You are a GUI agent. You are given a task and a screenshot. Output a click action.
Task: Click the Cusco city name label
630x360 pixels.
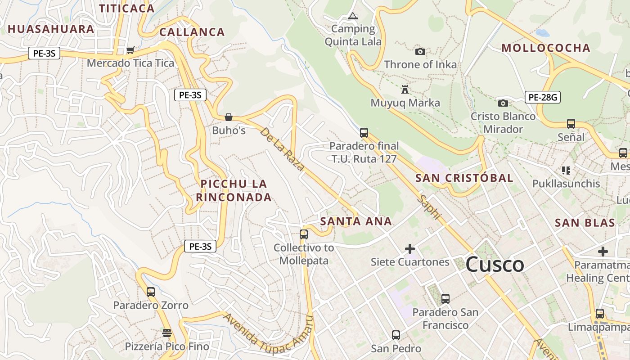click(495, 264)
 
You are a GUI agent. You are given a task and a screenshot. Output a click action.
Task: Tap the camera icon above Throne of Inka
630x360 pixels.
click(420, 52)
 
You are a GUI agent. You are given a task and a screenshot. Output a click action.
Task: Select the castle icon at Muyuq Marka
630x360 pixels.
click(405, 90)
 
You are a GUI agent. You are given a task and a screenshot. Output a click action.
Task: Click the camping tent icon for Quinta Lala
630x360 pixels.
click(353, 16)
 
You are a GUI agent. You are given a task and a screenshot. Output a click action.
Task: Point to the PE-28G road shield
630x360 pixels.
click(543, 97)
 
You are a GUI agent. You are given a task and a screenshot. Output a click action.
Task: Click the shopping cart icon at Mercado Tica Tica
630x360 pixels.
click(130, 50)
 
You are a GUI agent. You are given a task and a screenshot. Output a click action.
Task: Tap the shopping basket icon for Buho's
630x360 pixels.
click(229, 117)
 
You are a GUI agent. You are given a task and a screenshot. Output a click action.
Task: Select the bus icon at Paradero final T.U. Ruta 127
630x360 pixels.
click(364, 133)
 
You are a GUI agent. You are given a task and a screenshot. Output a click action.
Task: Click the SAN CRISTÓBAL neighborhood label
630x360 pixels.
click(464, 178)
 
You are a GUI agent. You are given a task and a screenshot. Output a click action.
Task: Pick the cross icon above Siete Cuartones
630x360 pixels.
click(410, 248)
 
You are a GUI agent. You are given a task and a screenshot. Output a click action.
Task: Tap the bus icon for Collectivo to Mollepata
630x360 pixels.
click(304, 234)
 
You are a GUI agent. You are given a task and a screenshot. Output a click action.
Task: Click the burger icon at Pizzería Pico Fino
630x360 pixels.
click(167, 333)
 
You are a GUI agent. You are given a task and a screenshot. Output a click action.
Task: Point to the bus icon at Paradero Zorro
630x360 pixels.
click(151, 292)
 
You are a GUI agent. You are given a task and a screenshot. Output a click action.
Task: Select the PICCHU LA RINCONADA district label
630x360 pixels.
click(234, 190)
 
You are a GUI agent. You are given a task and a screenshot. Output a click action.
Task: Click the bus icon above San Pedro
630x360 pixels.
click(396, 335)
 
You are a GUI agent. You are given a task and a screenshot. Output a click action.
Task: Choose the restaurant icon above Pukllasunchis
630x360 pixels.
click(566, 171)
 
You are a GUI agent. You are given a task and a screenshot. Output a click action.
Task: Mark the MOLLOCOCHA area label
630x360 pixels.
click(545, 48)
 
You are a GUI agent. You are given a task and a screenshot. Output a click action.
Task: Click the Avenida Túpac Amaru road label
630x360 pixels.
click(268, 333)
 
